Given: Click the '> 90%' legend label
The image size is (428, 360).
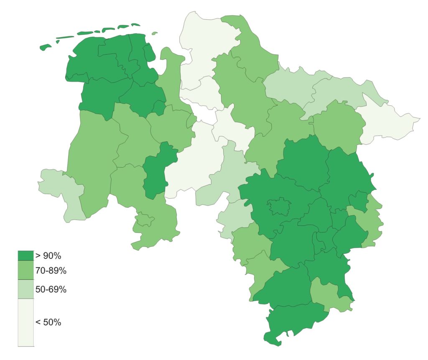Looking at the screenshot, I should [x=48, y=256].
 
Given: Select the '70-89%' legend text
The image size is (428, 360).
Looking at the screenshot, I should [x=51, y=271].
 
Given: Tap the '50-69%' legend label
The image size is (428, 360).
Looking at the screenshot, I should [x=51, y=289].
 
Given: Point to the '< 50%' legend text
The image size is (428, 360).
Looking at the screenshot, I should [x=48, y=322].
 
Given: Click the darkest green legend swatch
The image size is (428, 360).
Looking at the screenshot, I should [x=25, y=255].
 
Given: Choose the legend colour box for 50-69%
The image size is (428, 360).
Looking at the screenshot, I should [x=25, y=289].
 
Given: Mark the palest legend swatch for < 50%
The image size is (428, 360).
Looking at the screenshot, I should [x=25, y=322].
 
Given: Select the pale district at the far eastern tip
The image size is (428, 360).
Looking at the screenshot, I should [x=389, y=121].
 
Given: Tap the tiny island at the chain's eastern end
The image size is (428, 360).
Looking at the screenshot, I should [x=155, y=33].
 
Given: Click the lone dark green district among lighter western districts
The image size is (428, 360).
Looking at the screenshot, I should [x=157, y=169].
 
